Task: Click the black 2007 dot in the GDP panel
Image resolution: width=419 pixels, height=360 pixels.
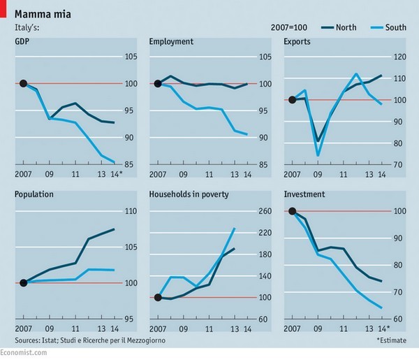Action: point(23,84)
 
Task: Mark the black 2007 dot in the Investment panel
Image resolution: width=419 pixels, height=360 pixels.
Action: point(293,211)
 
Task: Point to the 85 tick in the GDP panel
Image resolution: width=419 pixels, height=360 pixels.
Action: point(129,166)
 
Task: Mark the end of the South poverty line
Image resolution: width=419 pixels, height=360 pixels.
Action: point(235,229)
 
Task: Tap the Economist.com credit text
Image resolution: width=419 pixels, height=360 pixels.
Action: point(24,353)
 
